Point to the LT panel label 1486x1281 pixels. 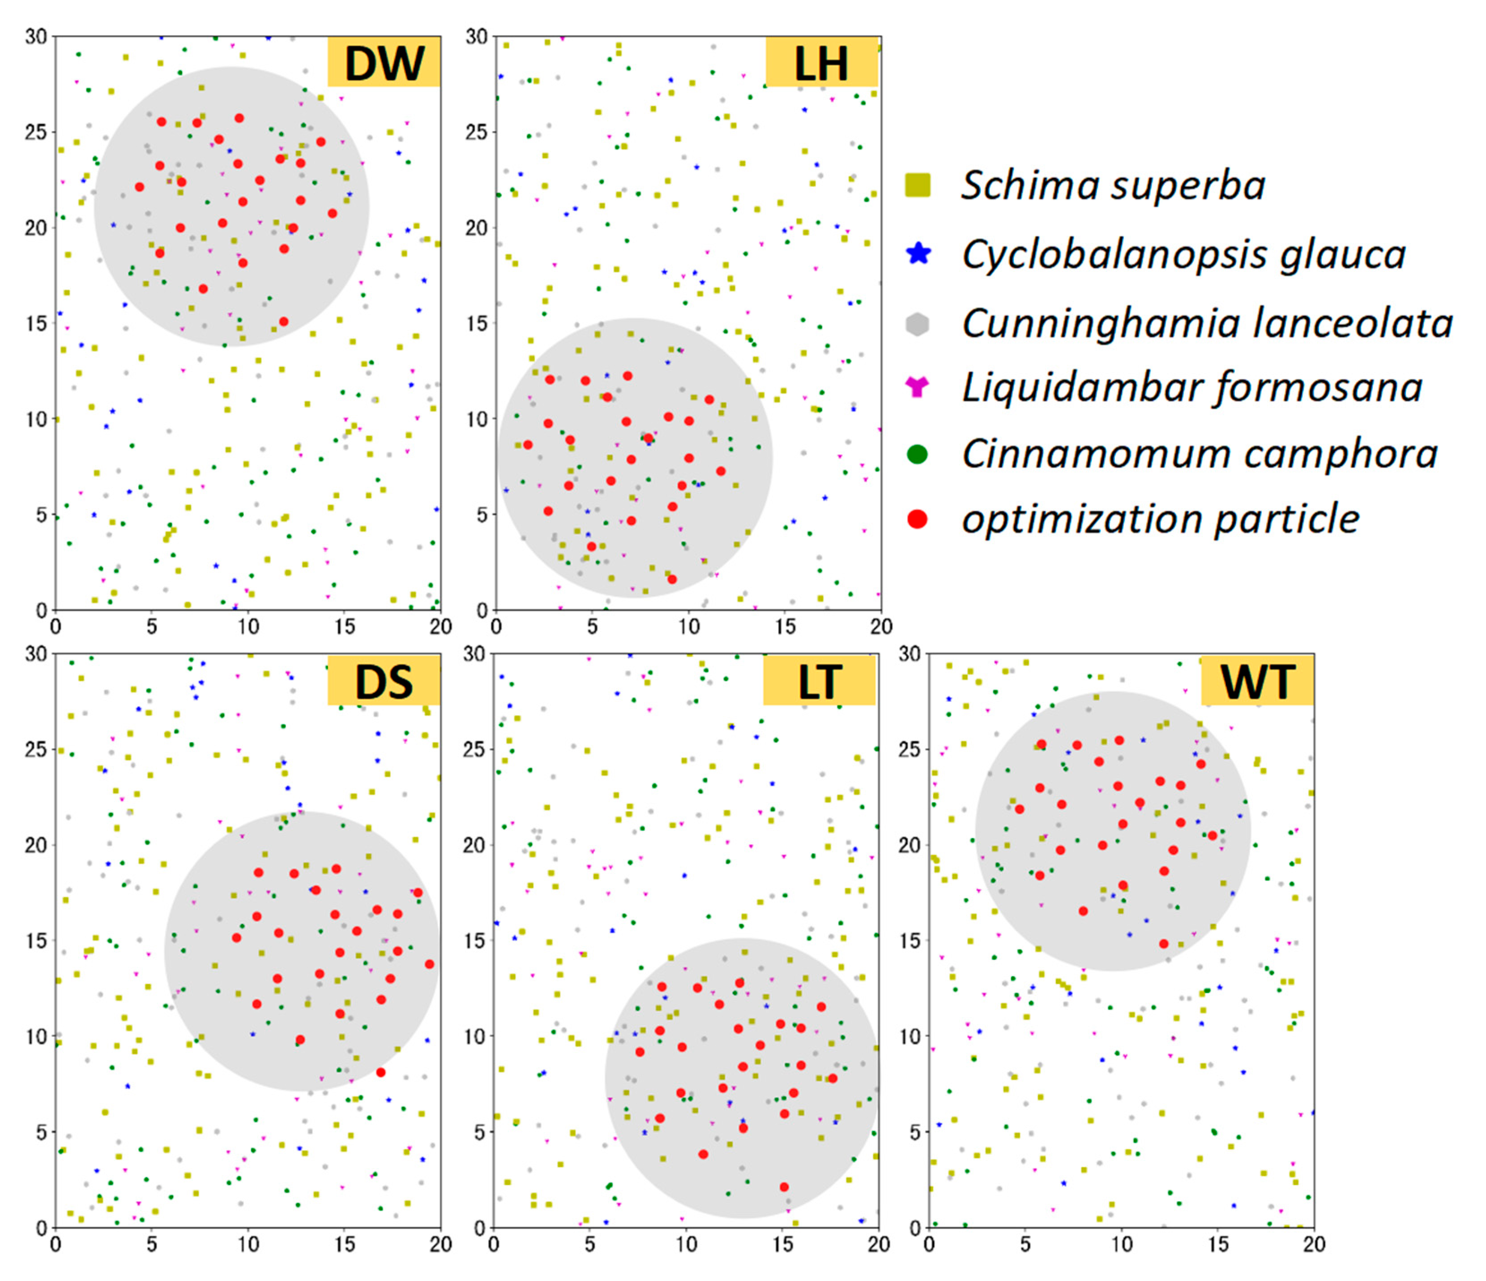pyautogui.click(x=819, y=680)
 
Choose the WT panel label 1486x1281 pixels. pyautogui.click(x=1257, y=680)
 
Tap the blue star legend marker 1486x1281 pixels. pyautogui.click(x=918, y=254)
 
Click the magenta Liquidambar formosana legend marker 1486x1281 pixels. pyautogui.click(x=918, y=387)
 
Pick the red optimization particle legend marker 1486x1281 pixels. pyautogui.click(x=918, y=519)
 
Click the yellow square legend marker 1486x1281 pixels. pyautogui.click(x=918, y=185)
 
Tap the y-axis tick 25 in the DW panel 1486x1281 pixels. pyautogui.click(x=36, y=132)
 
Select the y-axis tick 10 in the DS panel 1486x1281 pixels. pyautogui.click(x=36, y=1036)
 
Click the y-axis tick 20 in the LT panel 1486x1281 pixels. pyautogui.click(x=474, y=845)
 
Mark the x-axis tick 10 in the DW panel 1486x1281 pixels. pyautogui.click(x=248, y=627)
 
